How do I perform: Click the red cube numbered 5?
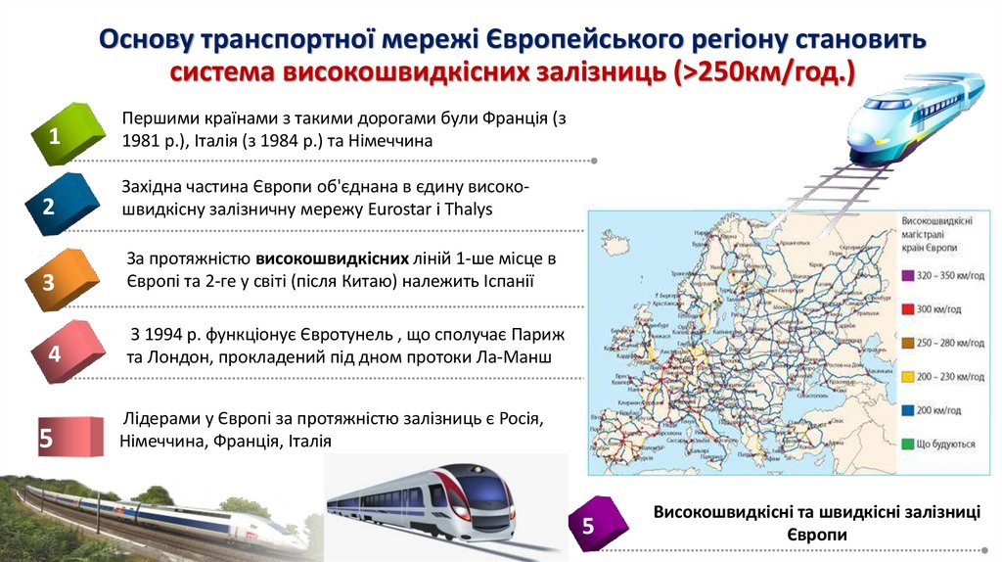click(x=68, y=436)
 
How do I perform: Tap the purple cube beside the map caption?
click(x=599, y=524)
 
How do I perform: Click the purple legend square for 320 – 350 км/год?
click(x=907, y=275)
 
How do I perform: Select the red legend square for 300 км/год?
click(x=907, y=308)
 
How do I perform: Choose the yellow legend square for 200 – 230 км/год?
click(x=907, y=376)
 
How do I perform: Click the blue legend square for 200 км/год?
click(x=907, y=410)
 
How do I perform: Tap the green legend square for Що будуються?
click(x=907, y=444)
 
